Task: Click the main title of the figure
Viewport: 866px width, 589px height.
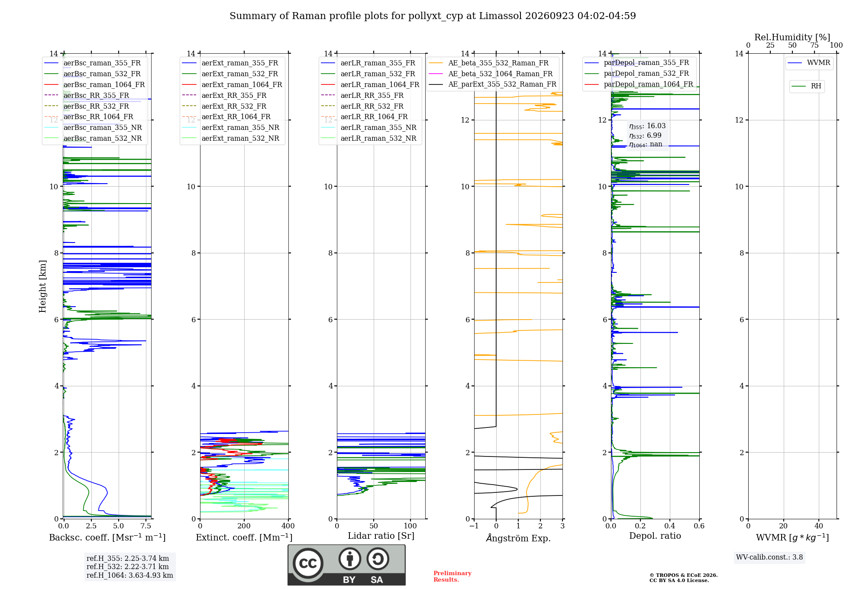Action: tap(433, 16)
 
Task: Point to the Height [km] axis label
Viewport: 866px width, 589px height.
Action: tap(42, 286)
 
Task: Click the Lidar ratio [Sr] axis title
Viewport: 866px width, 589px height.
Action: tap(381, 536)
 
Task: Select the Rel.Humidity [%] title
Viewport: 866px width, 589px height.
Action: tap(792, 37)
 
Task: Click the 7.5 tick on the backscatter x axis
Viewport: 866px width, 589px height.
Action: tap(146, 526)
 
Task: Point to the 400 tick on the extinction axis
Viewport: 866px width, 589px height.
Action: tap(288, 526)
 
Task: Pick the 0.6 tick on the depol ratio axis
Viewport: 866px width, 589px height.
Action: tap(699, 526)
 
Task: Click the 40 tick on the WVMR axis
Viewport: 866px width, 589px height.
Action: tap(819, 526)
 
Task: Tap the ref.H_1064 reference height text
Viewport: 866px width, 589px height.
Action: tap(130, 576)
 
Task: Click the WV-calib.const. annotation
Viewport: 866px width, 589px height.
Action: tap(769, 557)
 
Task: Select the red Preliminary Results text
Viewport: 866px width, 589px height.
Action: tap(452, 576)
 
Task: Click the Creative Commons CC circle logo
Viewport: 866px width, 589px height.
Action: tap(308, 563)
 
